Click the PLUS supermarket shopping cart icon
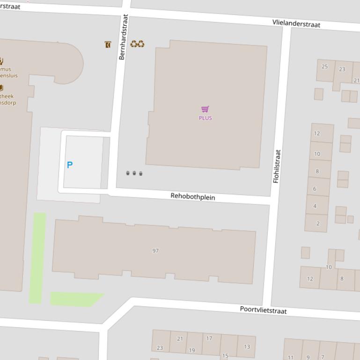pyautogui.click(x=205, y=109)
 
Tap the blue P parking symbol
pyautogui.click(x=70, y=165)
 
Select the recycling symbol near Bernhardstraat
pyautogui.click(x=137, y=44)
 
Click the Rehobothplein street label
pyautogui.click(x=192, y=196)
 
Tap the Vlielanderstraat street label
pyautogui.click(x=296, y=23)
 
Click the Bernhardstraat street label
pyautogui.click(x=123, y=37)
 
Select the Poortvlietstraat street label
pyautogui.click(x=263, y=310)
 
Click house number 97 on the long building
pyautogui.click(x=155, y=251)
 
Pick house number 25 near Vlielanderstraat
pyautogui.click(x=325, y=66)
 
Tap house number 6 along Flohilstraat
pyautogui.click(x=315, y=189)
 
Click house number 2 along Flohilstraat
pyautogui.click(x=318, y=223)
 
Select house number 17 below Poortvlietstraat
pyautogui.click(x=209, y=338)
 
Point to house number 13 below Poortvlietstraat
pyautogui.click(x=247, y=346)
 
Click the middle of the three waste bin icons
pyautogui.click(x=134, y=173)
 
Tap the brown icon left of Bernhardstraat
pyautogui.click(x=108, y=44)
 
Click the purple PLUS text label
pyautogui.click(x=205, y=118)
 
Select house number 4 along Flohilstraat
pyautogui.click(x=315, y=206)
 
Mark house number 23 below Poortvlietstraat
pyautogui.click(x=160, y=348)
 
